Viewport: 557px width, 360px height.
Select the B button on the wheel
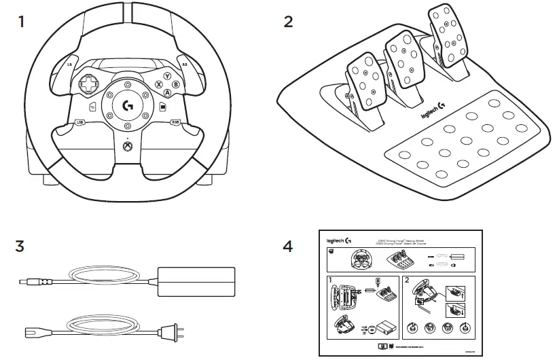(x=176, y=84)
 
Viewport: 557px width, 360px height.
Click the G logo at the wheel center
(x=128, y=106)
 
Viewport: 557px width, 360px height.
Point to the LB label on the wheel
(x=70, y=65)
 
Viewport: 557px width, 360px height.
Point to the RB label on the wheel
(x=185, y=65)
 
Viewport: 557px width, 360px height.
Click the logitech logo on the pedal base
(x=433, y=111)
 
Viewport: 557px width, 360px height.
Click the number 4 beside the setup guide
(x=289, y=246)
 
